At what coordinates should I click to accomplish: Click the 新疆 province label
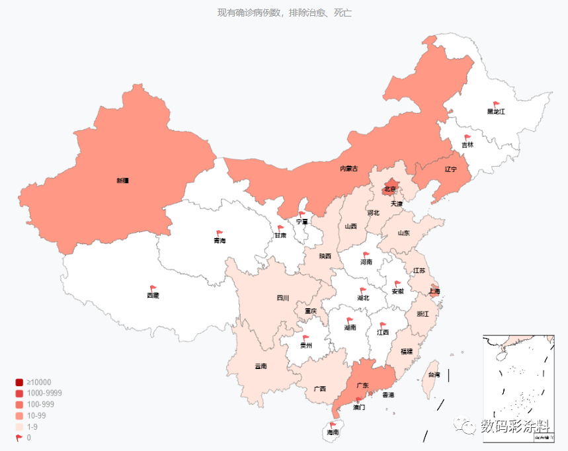[x=122, y=180]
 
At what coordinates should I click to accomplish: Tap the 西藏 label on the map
[x=153, y=296]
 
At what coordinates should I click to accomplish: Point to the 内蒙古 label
[x=348, y=169]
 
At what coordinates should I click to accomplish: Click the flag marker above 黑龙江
[x=496, y=104]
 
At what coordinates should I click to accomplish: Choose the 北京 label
[x=390, y=190]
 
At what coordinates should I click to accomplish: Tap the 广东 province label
[x=362, y=386]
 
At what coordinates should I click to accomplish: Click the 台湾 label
[x=434, y=375]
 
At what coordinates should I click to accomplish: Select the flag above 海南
[x=333, y=425]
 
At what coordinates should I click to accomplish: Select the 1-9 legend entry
[x=32, y=427]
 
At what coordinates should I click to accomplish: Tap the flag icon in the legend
[x=19, y=438]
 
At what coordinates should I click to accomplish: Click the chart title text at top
[x=284, y=13]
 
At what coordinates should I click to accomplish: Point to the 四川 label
[x=282, y=298]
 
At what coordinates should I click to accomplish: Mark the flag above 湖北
[x=362, y=290]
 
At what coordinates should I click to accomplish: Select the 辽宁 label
[x=451, y=169]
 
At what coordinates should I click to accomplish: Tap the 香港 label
[x=388, y=395]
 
